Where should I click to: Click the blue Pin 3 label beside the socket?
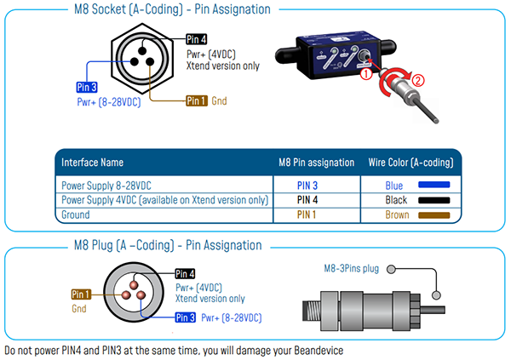[86, 87]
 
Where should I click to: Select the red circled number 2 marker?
[417, 82]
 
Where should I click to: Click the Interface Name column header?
[93, 162]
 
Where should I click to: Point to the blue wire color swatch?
[433, 184]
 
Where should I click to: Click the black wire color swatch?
[433, 199]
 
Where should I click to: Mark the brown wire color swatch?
[433, 214]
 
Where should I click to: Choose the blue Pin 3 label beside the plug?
[185, 317]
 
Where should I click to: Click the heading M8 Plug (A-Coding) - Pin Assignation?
[167, 245]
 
